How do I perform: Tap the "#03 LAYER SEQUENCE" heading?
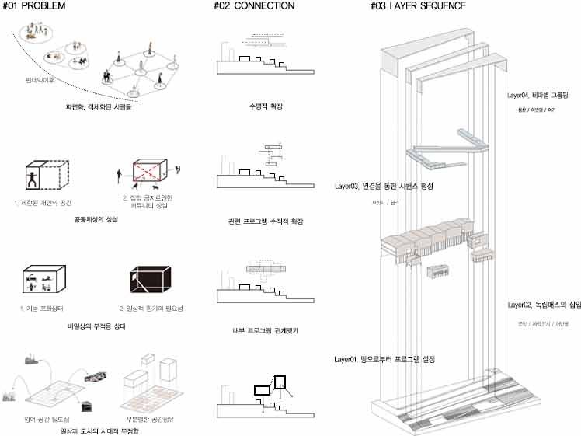click(419, 6)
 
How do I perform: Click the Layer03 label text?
click(383, 187)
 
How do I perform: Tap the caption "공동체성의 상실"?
click(89, 221)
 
